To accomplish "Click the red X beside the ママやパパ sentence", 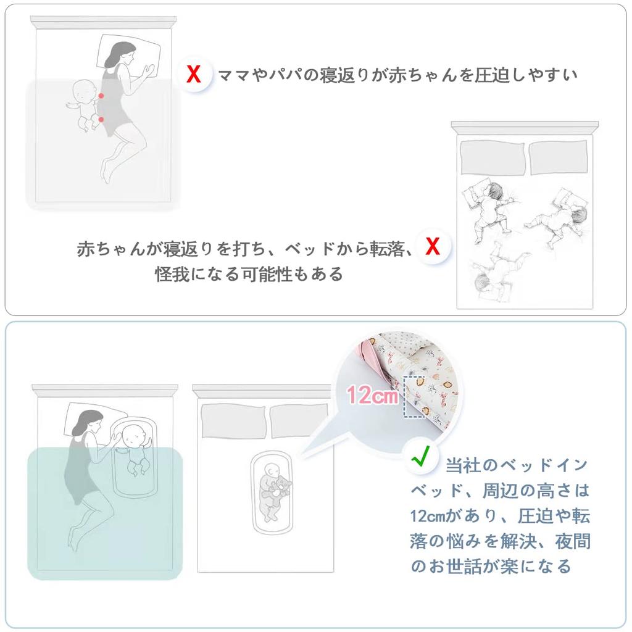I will [x=194, y=75].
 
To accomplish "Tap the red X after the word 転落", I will [x=433, y=247].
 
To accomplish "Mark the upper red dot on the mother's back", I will [x=100, y=96].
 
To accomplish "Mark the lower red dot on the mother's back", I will [x=101, y=119].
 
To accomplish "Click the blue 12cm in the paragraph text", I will [x=426, y=515].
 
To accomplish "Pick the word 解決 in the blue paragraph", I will [x=517, y=541].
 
